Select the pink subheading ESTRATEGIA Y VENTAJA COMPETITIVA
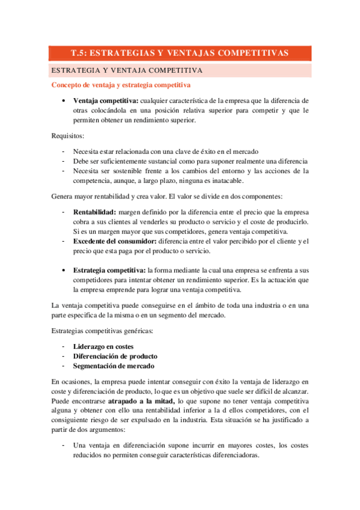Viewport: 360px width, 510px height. point(127,70)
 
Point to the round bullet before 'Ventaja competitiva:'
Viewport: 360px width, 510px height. point(64,100)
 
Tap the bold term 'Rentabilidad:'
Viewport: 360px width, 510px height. point(95,212)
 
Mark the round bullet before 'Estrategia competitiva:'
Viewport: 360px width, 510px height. point(64,271)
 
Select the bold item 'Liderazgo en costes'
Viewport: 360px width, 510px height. point(103,346)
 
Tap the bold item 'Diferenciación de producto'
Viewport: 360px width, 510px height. point(115,356)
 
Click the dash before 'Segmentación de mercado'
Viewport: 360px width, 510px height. point(64,366)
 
